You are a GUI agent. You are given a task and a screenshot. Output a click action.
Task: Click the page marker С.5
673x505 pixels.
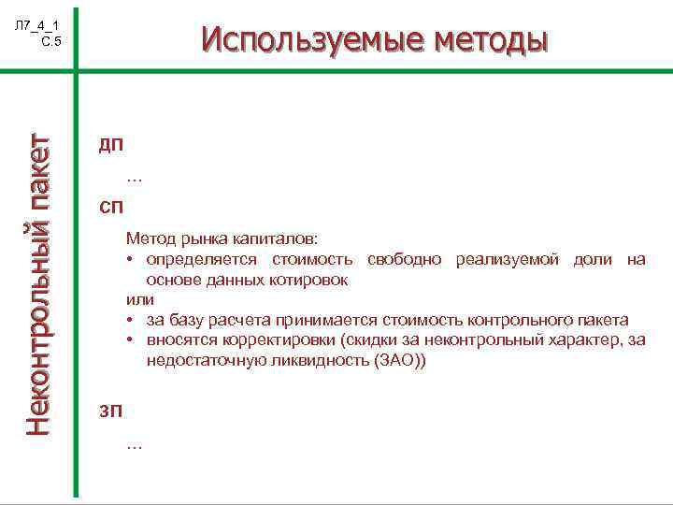click(x=50, y=41)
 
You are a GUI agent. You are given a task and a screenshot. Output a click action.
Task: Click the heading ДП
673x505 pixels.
click(x=110, y=146)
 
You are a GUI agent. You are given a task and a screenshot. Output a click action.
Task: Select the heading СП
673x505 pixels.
click(x=110, y=206)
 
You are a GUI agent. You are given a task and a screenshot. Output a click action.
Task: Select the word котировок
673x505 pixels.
click(x=313, y=279)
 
